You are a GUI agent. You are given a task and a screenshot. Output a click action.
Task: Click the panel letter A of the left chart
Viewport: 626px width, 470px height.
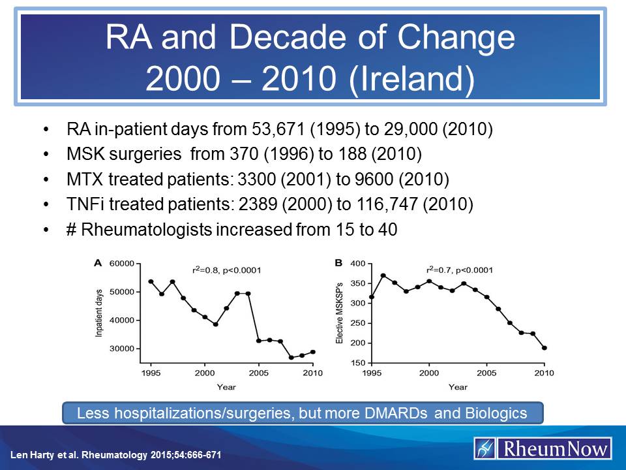tap(98, 263)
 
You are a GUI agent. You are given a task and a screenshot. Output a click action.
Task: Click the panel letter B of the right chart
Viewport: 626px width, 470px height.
tap(338, 263)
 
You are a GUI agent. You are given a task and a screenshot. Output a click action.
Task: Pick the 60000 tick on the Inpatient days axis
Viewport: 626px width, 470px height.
tap(121, 264)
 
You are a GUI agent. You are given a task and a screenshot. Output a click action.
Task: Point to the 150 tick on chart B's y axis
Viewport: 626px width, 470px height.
tap(358, 363)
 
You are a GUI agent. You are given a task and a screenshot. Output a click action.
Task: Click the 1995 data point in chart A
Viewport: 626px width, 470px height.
tap(151, 281)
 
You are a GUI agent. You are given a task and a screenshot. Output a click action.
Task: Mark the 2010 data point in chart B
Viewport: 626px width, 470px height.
tap(544, 348)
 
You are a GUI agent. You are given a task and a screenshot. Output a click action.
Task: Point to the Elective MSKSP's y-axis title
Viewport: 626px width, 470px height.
tap(340, 313)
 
